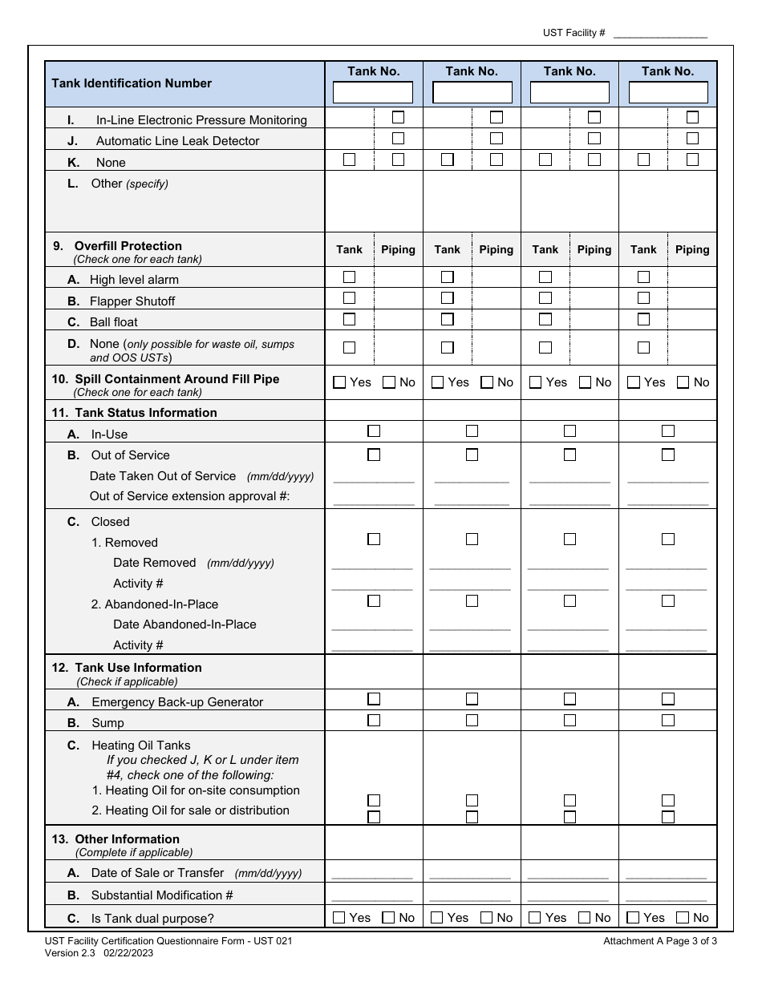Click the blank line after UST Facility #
pyautogui.click(x=660, y=34)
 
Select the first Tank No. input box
pyautogui.click(x=373, y=93)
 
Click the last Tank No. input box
pyautogui.click(x=667, y=93)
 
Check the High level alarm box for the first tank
pyautogui.click(x=349, y=277)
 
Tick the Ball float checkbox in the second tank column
pyautogui.click(x=448, y=319)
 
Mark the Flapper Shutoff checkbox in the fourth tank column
pyautogui.click(x=643, y=298)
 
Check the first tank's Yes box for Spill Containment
pyautogui.click(x=339, y=382)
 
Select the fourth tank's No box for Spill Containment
pyautogui.click(x=683, y=382)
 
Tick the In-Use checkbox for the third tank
pyautogui.click(x=569, y=431)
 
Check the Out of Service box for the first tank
pyautogui.click(x=374, y=455)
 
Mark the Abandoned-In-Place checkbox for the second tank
pyautogui.click(x=472, y=600)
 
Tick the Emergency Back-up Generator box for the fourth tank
pyautogui.click(x=667, y=699)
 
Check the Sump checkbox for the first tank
pyautogui.click(x=374, y=721)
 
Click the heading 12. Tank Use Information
pyautogui.click(x=138, y=668)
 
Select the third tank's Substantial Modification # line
pyautogui.click(x=569, y=897)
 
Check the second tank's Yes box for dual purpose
pyautogui.click(x=437, y=918)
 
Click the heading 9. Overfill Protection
pyautogui.click(x=128, y=246)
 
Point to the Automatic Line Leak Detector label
pyautogui.click(x=177, y=141)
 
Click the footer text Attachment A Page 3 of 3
pyautogui.click(x=660, y=941)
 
